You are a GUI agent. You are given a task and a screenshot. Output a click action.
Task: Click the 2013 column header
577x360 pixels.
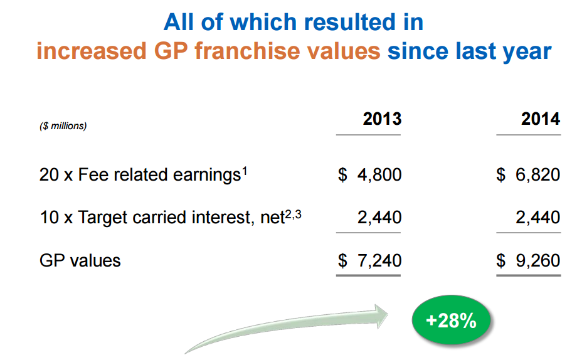tap(382, 119)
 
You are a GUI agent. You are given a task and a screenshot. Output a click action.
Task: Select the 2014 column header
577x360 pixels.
tap(541, 119)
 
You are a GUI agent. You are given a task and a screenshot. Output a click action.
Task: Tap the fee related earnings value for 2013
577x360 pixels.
tap(370, 174)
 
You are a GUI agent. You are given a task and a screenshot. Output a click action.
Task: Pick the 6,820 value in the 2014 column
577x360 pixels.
tap(528, 174)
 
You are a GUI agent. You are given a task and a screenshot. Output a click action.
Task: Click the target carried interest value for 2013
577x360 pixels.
tap(379, 217)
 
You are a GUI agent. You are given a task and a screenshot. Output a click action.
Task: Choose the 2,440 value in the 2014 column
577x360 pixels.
tap(538, 217)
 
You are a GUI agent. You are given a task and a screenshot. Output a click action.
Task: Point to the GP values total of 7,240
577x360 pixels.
tap(370, 261)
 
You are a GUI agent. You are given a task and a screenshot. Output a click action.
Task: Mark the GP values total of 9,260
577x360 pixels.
tap(528, 261)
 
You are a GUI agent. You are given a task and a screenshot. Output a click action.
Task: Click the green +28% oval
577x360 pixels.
tap(451, 320)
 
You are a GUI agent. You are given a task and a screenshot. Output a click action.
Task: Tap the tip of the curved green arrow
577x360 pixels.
tap(388, 315)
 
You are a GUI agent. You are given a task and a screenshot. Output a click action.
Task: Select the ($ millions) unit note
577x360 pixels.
tap(63, 126)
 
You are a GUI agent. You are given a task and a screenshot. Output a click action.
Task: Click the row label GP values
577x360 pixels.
tap(80, 261)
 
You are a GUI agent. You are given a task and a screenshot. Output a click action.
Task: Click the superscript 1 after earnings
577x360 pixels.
tap(245, 171)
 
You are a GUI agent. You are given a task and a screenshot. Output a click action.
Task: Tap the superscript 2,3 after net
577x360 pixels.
tap(294, 214)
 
